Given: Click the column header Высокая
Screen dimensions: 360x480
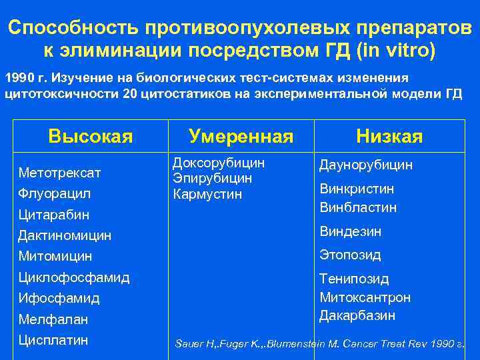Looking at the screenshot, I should click(91, 137).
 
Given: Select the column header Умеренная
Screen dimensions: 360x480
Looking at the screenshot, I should click(241, 137).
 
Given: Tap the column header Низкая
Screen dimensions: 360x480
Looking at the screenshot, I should click(389, 137).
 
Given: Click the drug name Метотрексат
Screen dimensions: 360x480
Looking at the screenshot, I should click(60, 173).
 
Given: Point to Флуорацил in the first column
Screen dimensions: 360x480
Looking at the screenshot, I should click(55, 194).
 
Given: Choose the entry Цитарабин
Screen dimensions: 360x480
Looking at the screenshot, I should click(54, 215).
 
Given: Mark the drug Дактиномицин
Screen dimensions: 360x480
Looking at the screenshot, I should click(65, 235).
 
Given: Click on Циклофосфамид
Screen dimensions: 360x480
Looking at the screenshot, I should click(74, 277).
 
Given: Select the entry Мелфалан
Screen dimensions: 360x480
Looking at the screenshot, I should click(53, 319).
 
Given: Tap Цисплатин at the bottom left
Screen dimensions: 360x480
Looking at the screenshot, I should click(53, 340).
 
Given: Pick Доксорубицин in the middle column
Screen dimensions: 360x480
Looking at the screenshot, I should click(219, 163).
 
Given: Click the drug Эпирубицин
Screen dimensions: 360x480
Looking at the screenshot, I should click(212, 178).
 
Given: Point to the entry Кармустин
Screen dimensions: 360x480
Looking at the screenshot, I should click(207, 194).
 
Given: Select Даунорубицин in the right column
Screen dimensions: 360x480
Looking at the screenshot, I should click(366, 164).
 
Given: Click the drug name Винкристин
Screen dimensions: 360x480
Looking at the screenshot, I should click(357, 189).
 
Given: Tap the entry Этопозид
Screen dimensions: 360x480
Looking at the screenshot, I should click(350, 255).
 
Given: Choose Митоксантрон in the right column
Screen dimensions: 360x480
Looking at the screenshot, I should click(365, 297).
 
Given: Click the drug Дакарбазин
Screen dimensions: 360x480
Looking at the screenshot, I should click(357, 315).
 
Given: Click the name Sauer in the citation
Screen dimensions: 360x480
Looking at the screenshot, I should click(189, 344).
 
